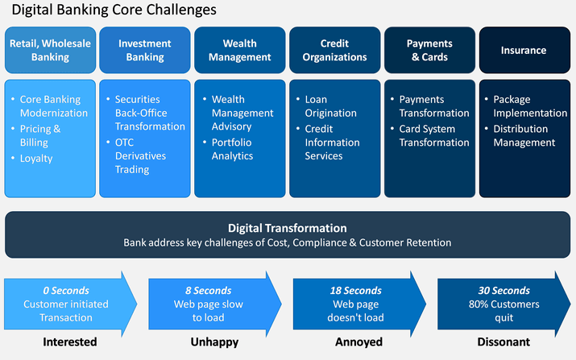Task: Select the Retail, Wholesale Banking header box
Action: click(50, 50)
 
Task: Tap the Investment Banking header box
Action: click(145, 50)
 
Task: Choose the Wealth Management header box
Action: click(240, 50)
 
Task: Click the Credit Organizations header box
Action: click(335, 50)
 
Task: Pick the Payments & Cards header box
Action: click(429, 50)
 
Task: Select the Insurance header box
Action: click(524, 50)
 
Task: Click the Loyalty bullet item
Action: click(36, 159)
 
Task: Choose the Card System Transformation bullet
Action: click(433, 135)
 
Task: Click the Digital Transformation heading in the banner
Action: click(288, 228)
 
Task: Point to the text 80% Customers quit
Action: click(503, 311)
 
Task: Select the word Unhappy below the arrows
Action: click(215, 342)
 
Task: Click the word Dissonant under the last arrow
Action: click(503, 342)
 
